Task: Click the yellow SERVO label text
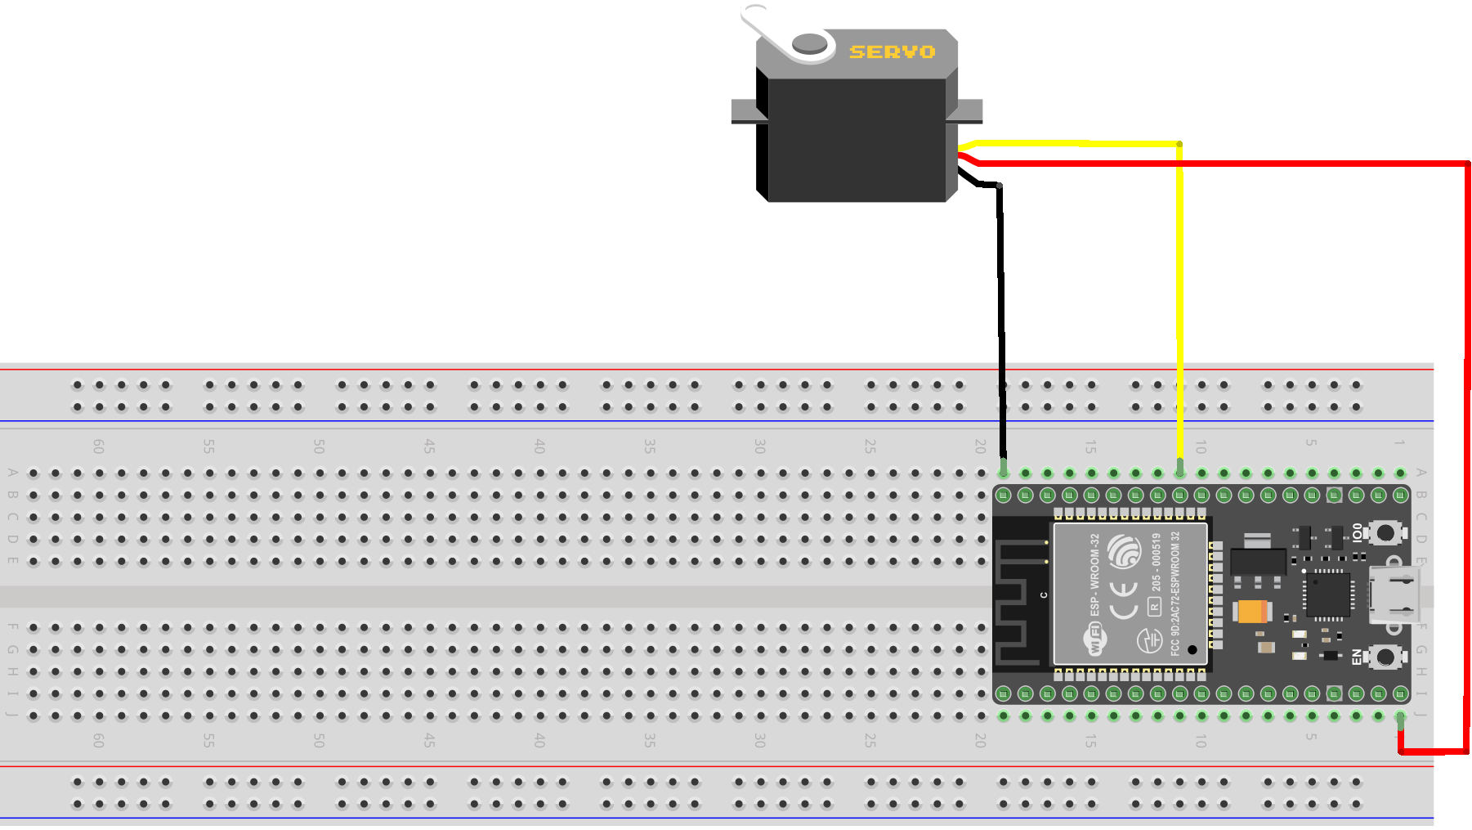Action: point(892,52)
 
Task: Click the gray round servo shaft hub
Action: point(809,43)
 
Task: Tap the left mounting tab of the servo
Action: point(745,111)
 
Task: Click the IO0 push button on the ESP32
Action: point(1385,533)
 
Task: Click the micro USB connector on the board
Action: point(1394,594)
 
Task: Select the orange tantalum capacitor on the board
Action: point(1251,611)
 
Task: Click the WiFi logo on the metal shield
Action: point(1095,639)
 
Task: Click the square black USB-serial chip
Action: point(1327,594)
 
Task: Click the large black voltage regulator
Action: point(1257,561)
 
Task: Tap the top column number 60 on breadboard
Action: point(98,446)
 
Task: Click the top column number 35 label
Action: point(649,446)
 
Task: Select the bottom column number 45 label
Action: point(429,740)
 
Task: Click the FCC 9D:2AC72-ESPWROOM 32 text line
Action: point(1175,593)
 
